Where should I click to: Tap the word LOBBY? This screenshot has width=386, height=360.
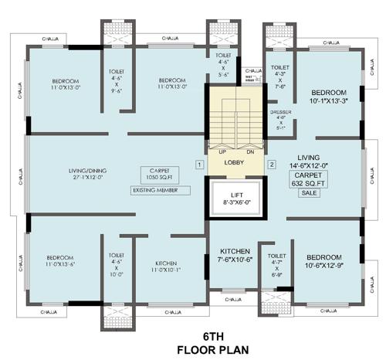(x=235, y=163)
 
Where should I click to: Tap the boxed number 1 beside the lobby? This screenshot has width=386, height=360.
(x=199, y=164)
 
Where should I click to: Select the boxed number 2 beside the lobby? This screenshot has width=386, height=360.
(x=271, y=164)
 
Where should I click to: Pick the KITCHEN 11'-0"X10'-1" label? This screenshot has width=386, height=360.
(x=167, y=266)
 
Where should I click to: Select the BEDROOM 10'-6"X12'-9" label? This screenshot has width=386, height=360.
(x=325, y=260)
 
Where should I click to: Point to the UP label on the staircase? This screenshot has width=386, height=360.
(x=221, y=151)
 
